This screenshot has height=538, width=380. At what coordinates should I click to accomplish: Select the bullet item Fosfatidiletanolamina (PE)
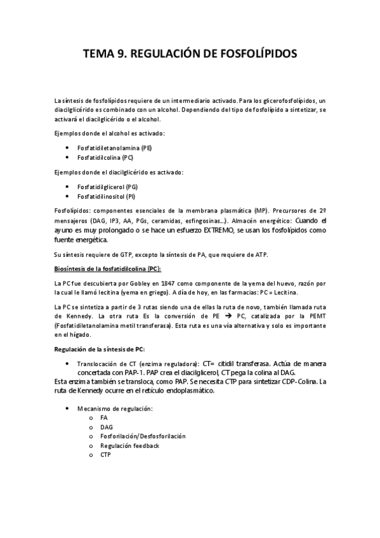click(114, 148)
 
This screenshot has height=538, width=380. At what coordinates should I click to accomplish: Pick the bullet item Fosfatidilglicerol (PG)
click(107, 187)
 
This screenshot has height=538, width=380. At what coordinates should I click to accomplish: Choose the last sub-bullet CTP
click(106, 455)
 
